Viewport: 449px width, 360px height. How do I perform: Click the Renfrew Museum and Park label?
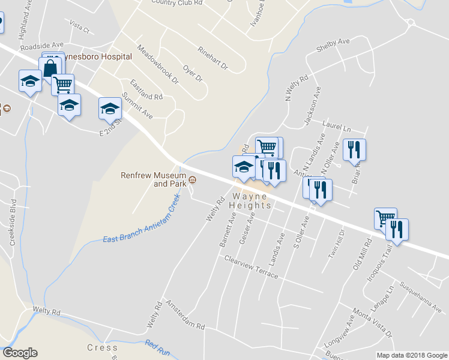154,179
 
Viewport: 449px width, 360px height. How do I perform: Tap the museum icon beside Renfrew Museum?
193,179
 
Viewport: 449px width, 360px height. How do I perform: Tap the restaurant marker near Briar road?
354,149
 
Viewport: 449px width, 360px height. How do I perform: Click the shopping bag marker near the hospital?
50,69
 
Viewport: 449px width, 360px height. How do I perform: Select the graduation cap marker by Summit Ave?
110,108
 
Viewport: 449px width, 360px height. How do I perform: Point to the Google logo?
20,353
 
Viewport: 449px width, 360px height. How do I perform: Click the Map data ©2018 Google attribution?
411,355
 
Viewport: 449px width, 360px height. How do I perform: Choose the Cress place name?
102,347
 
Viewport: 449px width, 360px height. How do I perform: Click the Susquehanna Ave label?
420,297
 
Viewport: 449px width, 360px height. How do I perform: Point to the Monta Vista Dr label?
372,323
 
